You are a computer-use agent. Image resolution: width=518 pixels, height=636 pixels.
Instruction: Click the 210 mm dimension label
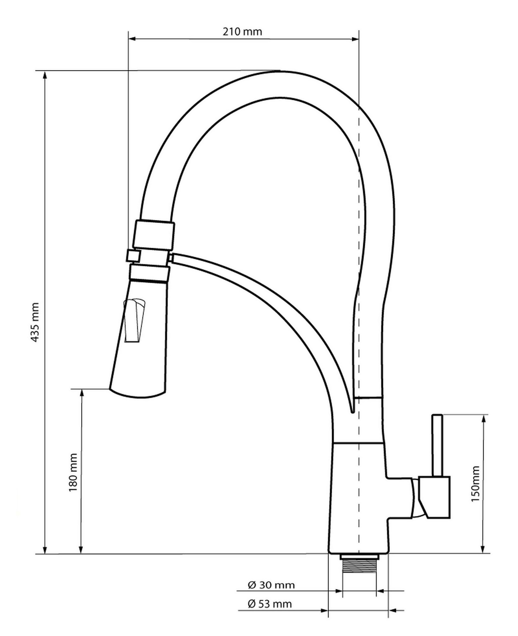tap(242, 32)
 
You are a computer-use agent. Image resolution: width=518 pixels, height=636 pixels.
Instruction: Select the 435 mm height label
tap(35, 322)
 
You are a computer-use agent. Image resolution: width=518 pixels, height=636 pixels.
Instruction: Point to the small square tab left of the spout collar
tap(133, 256)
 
